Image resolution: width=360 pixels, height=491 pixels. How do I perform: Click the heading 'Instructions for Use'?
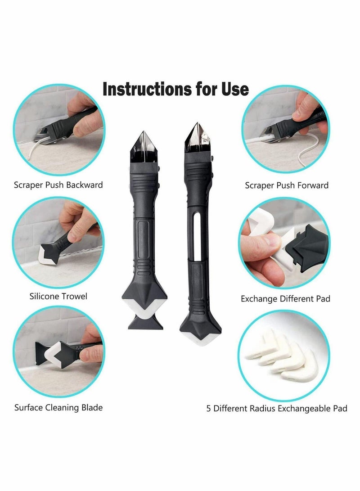[175, 89]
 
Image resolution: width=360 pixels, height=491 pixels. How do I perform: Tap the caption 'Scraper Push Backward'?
[58, 185]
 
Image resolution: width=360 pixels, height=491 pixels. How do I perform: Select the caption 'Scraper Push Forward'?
[287, 185]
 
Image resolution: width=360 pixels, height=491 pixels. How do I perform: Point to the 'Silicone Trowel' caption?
[58, 296]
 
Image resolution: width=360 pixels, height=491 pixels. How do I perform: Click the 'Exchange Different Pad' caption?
[285, 299]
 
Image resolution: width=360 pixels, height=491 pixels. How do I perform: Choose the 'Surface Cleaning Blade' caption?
[58, 408]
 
